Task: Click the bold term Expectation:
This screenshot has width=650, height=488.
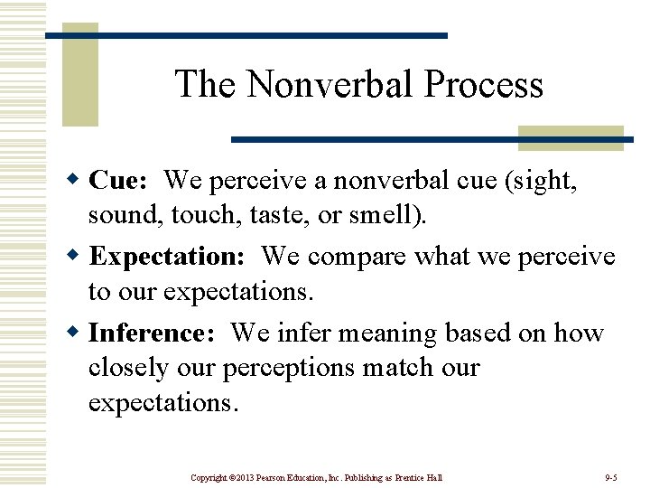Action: point(167,257)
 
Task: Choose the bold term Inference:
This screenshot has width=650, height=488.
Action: point(152,333)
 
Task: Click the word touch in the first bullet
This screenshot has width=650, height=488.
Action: point(193,218)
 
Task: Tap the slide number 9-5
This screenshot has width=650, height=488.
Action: point(610,477)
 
